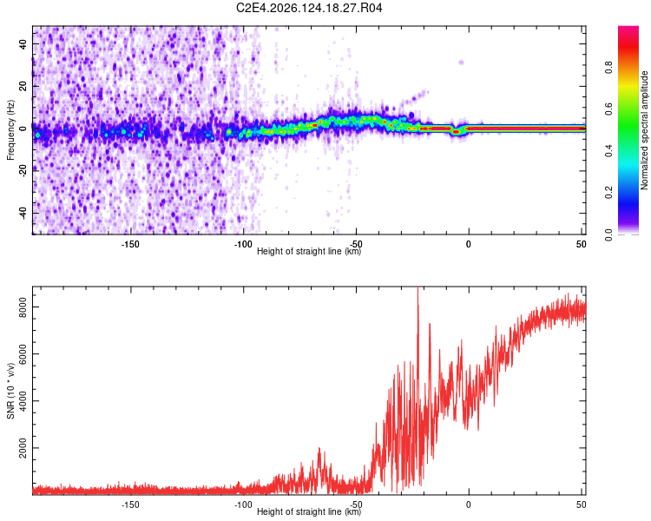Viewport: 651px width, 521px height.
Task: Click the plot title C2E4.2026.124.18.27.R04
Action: (x=309, y=8)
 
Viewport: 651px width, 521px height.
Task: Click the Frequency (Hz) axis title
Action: (x=10, y=129)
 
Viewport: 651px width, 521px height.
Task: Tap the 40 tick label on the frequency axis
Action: (x=23, y=43)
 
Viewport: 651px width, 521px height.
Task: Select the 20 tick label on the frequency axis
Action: (x=23, y=86)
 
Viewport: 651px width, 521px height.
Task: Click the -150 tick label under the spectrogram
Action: (x=130, y=244)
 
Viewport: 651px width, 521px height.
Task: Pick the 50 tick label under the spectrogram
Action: (x=581, y=244)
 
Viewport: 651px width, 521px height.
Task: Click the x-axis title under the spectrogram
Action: (x=309, y=251)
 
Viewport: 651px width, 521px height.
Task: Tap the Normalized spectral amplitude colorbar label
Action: (x=644, y=129)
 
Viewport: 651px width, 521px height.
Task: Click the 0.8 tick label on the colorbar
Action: (x=608, y=67)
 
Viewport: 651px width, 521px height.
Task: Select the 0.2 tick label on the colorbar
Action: (x=608, y=193)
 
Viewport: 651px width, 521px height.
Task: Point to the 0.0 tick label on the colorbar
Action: (x=608, y=234)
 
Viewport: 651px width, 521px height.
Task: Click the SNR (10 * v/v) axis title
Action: (x=10, y=391)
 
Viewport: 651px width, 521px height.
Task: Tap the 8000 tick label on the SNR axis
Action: (x=23, y=307)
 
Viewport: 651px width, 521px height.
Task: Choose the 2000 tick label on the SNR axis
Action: (x=23, y=448)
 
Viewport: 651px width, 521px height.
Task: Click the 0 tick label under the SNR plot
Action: (x=469, y=505)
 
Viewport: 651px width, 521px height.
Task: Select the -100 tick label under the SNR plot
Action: (x=243, y=505)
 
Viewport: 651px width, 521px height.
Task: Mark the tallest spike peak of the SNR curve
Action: (x=418, y=287)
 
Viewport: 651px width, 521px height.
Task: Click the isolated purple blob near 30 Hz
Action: (x=461, y=63)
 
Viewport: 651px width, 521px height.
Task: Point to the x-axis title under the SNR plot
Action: (x=309, y=511)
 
